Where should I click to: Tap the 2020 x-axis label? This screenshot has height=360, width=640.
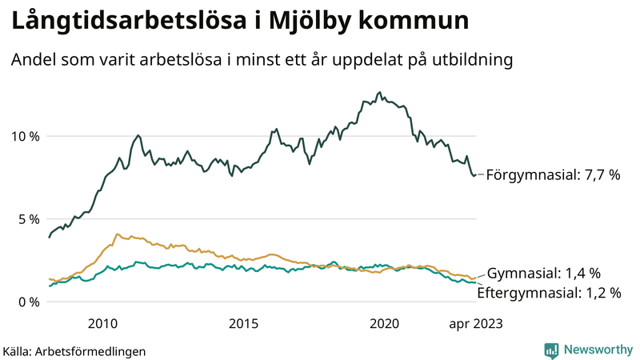(384, 323)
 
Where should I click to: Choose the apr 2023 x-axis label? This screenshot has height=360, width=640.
(475, 323)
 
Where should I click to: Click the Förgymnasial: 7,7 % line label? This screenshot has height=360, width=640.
(553, 174)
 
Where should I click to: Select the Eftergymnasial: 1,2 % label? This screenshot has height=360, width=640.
(549, 293)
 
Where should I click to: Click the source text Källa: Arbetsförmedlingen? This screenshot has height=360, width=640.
(74, 350)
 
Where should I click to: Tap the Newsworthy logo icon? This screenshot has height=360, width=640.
(551, 350)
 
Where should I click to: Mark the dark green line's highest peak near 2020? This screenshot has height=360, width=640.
(379, 93)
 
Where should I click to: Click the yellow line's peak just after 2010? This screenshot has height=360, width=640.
(118, 234)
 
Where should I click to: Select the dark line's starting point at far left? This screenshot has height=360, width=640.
(50, 237)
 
